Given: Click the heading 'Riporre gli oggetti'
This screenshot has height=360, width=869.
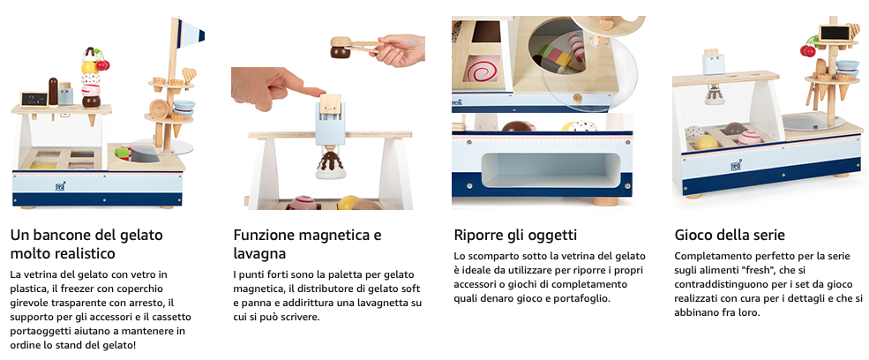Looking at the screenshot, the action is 515,236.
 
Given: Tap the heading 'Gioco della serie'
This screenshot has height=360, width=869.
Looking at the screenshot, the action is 730,236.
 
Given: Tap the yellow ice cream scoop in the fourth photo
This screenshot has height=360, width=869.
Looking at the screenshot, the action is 706,143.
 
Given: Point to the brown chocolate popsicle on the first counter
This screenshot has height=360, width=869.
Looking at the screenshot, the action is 53,92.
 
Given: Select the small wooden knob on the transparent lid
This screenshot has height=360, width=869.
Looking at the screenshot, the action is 578,98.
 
